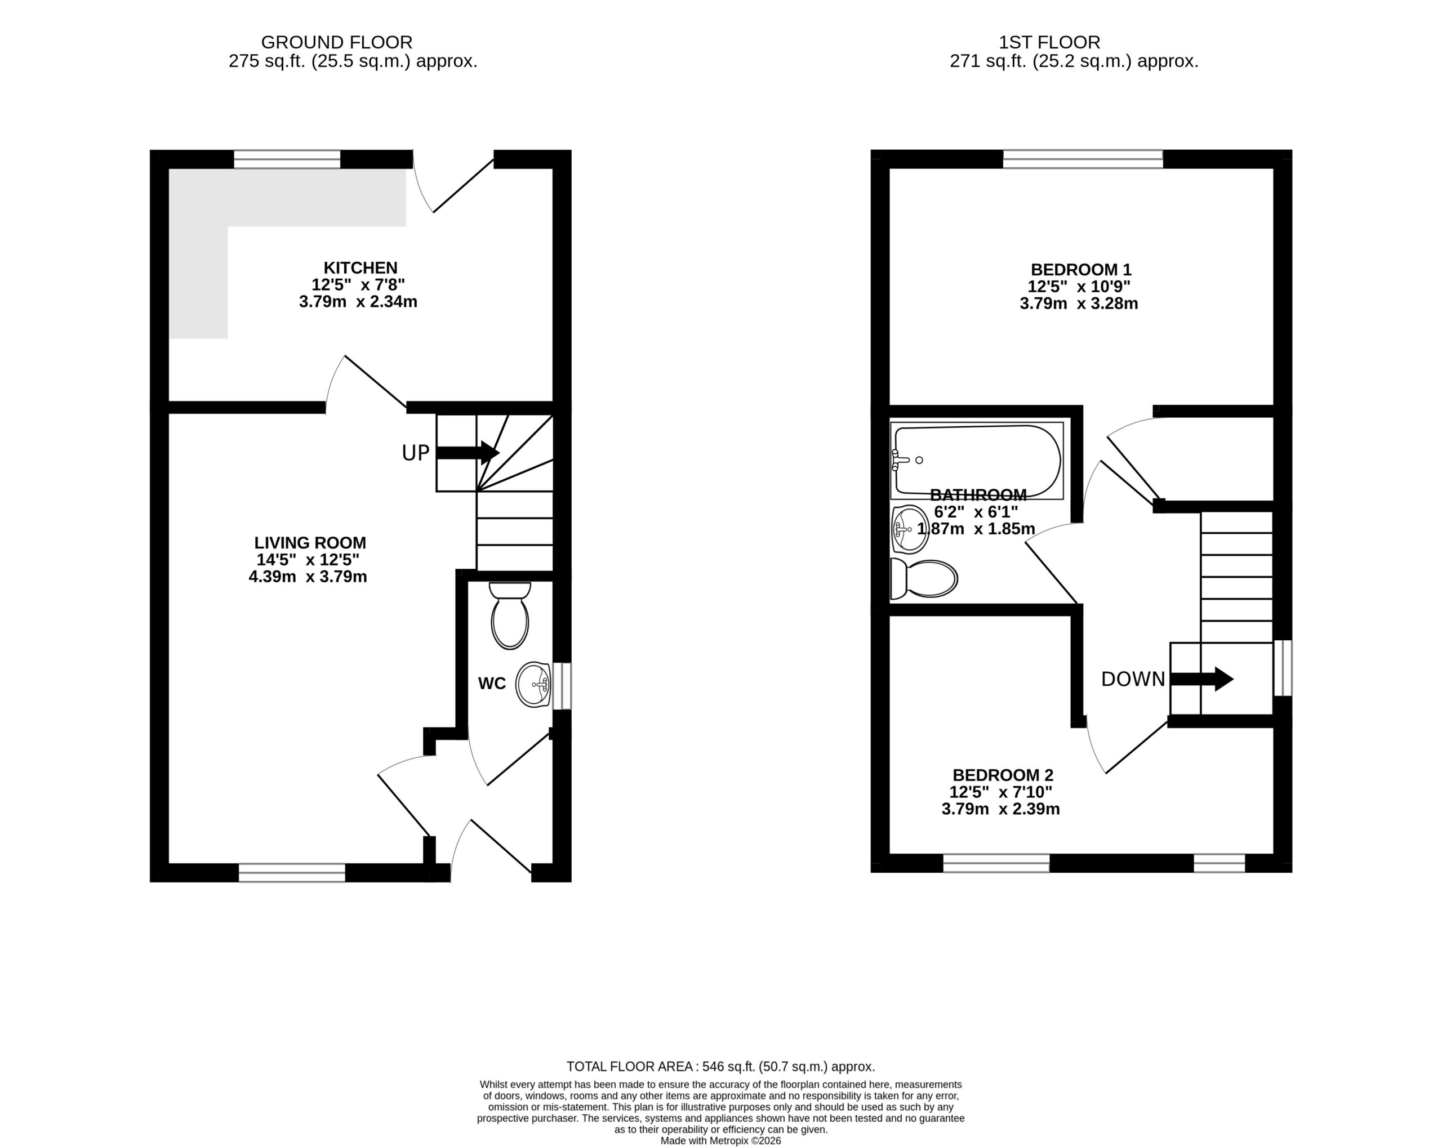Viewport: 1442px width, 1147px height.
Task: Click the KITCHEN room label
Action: (360, 267)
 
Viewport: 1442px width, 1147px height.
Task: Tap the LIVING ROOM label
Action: (310, 543)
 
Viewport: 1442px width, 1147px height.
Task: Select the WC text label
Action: (492, 683)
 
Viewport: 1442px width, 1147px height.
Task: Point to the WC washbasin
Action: (533, 685)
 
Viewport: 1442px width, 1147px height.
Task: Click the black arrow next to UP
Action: (468, 453)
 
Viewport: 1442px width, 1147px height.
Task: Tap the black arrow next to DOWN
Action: (1202, 679)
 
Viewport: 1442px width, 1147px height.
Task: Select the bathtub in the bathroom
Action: (977, 461)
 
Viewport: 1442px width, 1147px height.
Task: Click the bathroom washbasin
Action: (910, 529)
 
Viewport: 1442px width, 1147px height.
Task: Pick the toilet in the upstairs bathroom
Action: (924, 579)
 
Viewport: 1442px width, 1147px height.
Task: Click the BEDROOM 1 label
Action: (1081, 269)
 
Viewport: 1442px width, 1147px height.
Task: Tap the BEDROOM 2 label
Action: (1003, 775)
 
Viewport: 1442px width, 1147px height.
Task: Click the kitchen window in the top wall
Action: (287, 159)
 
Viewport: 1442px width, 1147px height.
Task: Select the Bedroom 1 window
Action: (1083, 159)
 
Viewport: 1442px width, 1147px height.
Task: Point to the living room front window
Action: (292, 873)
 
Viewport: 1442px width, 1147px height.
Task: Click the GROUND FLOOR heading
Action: (336, 42)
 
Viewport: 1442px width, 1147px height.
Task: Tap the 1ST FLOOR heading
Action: (1049, 42)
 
